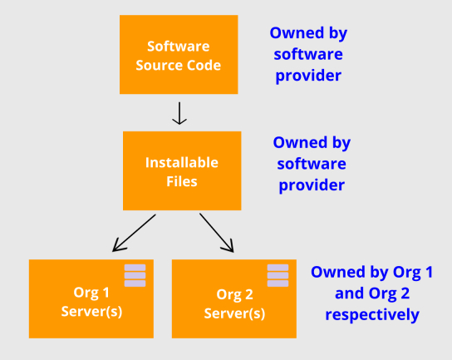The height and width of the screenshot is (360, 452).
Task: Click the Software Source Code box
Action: [179, 55]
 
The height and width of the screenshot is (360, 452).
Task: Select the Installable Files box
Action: [182, 170]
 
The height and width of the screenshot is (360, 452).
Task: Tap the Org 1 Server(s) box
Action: [91, 298]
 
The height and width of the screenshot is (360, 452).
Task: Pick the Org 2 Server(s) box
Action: [234, 298]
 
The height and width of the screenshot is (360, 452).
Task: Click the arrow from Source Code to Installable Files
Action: [179, 113]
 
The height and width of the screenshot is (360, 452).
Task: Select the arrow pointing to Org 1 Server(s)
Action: [134, 233]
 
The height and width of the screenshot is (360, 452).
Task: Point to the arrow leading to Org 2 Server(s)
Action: [217, 233]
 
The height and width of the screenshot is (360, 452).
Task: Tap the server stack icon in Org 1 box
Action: [135, 275]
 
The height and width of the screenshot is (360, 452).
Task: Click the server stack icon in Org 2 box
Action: [278, 275]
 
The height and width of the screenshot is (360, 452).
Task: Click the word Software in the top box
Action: [179, 47]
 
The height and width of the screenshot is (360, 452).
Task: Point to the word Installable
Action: [182, 162]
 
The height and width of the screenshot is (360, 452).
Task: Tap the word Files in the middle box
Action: [182, 181]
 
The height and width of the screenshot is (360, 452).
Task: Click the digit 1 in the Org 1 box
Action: [106, 293]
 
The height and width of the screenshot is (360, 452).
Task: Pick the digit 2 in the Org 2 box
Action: [248, 294]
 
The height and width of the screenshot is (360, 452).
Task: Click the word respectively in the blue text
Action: [372, 315]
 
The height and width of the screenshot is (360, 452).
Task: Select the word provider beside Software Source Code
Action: [308, 76]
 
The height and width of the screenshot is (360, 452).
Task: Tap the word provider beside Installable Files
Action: [312, 185]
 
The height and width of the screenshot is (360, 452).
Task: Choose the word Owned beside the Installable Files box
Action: [300, 142]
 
